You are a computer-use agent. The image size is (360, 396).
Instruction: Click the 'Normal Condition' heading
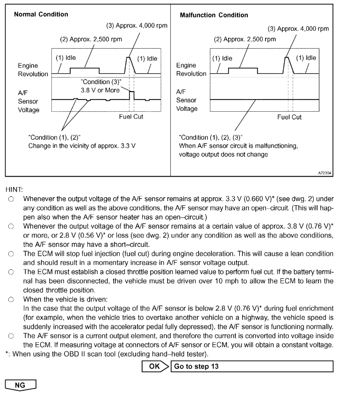tap(41, 14)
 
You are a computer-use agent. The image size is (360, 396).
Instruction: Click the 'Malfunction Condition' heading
tap(214, 15)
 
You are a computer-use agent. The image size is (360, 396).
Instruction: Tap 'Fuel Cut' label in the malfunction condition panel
tap(289, 117)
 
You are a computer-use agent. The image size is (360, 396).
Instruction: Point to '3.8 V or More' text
tap(100, 90)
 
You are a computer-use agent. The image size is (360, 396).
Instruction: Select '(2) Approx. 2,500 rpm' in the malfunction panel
tap(245, 39)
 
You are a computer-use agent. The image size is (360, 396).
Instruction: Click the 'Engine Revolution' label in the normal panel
tap(33, 70)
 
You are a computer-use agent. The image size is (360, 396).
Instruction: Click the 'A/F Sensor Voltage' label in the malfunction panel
tap(187, 100)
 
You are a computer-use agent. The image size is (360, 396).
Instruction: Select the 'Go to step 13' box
tap(252, 367)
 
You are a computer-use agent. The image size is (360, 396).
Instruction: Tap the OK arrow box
tap(155, 367)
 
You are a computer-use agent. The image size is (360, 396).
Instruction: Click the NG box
tap(20, 386)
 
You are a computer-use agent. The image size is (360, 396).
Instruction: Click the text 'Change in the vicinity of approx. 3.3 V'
tap(82, 145)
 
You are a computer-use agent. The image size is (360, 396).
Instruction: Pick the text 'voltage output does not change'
tap(223, 154)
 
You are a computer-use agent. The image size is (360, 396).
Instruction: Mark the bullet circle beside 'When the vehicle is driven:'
tap(11, 299)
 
